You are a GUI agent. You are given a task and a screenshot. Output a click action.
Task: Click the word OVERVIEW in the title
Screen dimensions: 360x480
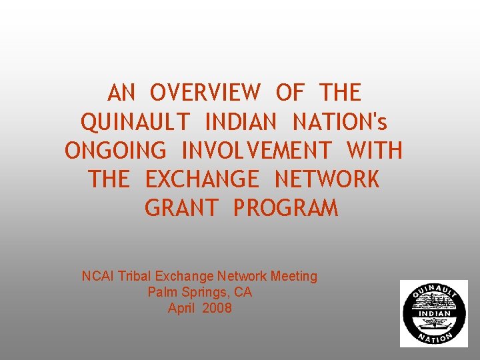205,93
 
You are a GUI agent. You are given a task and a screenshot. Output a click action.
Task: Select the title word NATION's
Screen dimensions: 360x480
340,122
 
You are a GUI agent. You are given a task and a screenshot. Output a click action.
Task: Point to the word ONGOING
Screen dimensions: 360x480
115,151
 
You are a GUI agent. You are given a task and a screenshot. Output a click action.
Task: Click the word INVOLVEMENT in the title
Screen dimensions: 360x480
257,151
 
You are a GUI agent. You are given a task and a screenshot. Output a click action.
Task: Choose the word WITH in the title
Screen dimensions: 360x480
375,151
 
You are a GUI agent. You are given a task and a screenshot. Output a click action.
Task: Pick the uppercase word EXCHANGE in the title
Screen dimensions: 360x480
201,179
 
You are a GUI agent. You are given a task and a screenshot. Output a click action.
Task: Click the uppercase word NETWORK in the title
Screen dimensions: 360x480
327,179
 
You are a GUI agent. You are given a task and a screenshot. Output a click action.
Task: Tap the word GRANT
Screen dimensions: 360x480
181,209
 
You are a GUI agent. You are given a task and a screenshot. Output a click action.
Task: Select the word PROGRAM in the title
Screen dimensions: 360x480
285,209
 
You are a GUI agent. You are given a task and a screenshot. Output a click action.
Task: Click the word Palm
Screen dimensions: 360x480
161,292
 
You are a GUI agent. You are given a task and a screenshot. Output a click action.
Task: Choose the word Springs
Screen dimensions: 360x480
203,293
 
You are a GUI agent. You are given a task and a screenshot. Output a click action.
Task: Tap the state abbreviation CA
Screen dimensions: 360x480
243,292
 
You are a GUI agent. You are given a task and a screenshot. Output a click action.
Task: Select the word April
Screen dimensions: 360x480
182,308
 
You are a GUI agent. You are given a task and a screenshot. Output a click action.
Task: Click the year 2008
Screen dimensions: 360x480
218,308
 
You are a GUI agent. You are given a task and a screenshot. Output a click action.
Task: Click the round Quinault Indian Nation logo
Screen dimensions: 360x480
433,313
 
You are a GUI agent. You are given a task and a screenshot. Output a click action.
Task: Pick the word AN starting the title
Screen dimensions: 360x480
121,93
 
